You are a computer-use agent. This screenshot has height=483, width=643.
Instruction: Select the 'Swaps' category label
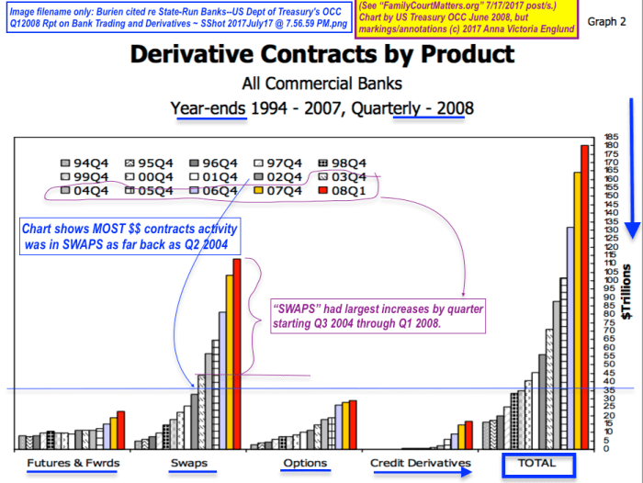[188, 463]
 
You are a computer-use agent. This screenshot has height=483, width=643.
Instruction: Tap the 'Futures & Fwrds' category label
[73, 463]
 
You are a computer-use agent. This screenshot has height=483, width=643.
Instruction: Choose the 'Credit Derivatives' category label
[421, 463]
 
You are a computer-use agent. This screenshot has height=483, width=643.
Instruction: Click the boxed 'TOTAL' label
[537, 464]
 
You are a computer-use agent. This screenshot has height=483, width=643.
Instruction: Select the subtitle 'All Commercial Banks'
[321, 84]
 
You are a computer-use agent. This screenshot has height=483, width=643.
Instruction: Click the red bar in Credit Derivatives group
[468, 435]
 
